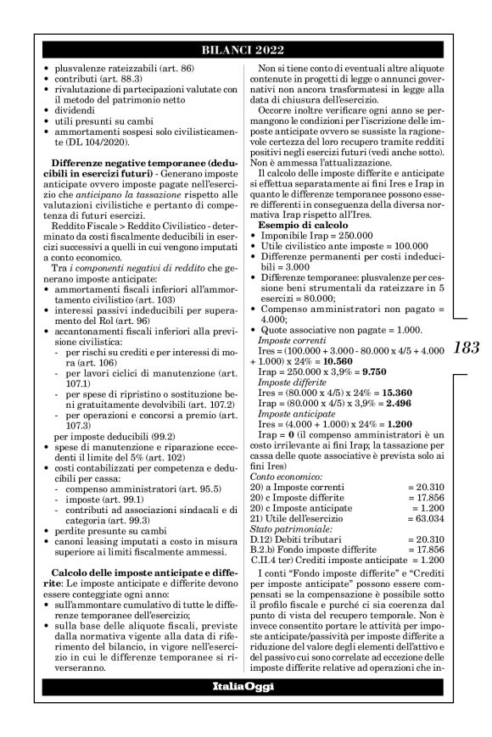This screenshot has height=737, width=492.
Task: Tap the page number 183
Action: point(467,347)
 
